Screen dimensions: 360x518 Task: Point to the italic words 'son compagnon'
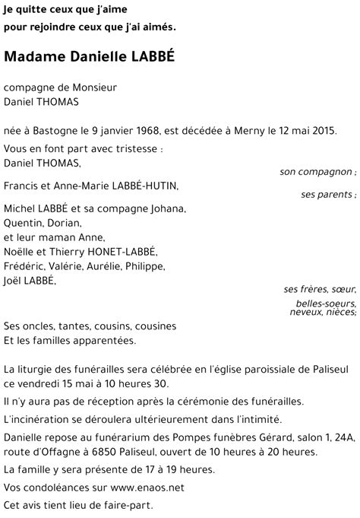pos(315,172)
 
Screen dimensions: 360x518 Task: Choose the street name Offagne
pos(55,451)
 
